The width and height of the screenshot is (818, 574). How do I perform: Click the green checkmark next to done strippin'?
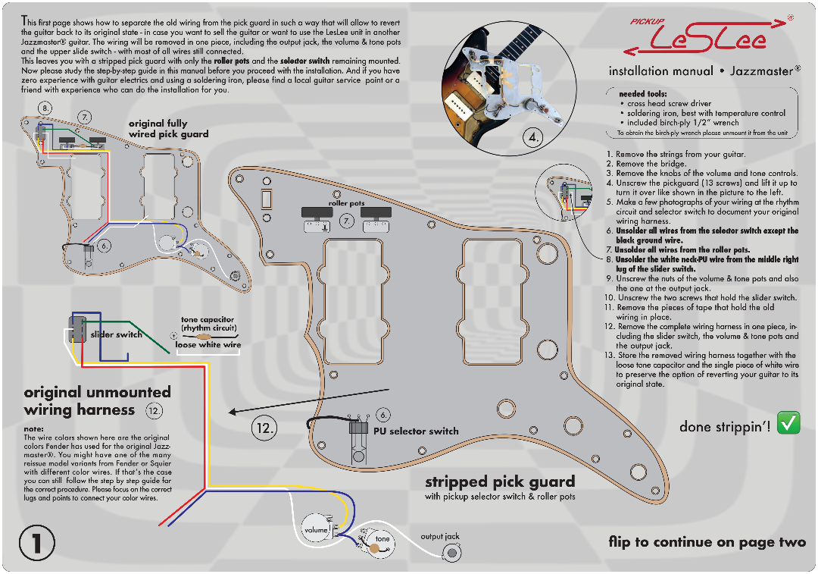[788, 422]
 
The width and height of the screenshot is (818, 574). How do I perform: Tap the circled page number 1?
[37, 543]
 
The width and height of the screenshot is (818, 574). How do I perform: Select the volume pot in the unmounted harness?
[316, 529]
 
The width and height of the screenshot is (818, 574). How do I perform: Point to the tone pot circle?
[379, 544]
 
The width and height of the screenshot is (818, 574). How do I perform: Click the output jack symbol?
[451, 553]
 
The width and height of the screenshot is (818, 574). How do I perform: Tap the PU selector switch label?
[416, 431]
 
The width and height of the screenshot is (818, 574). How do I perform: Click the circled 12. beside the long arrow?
[264, 429]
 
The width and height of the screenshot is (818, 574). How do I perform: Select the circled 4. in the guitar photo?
[532, 138]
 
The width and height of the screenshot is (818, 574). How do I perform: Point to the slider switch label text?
[116, 334]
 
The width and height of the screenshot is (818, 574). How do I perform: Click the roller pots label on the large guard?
[346, 203]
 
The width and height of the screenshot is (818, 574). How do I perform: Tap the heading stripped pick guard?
[500, 481]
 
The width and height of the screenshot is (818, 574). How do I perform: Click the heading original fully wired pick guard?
[168, 128]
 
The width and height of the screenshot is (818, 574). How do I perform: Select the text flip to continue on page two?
[707, 543]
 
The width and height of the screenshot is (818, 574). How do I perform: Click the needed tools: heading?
[643, 94]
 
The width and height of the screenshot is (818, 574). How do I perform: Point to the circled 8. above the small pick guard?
[45, 108]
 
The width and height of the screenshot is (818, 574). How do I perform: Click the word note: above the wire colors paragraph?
[34, 429]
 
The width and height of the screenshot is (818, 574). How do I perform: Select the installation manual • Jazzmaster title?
[704, 71]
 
